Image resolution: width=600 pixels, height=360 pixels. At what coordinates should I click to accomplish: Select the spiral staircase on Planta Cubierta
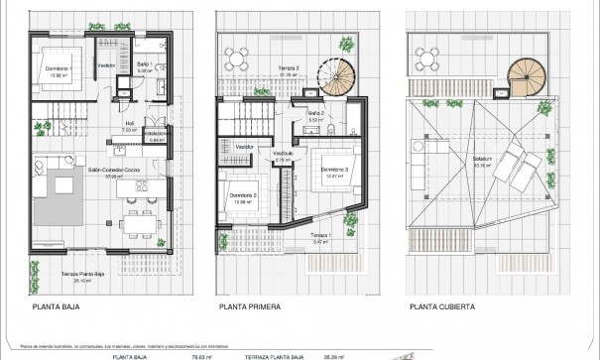(519, 75)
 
